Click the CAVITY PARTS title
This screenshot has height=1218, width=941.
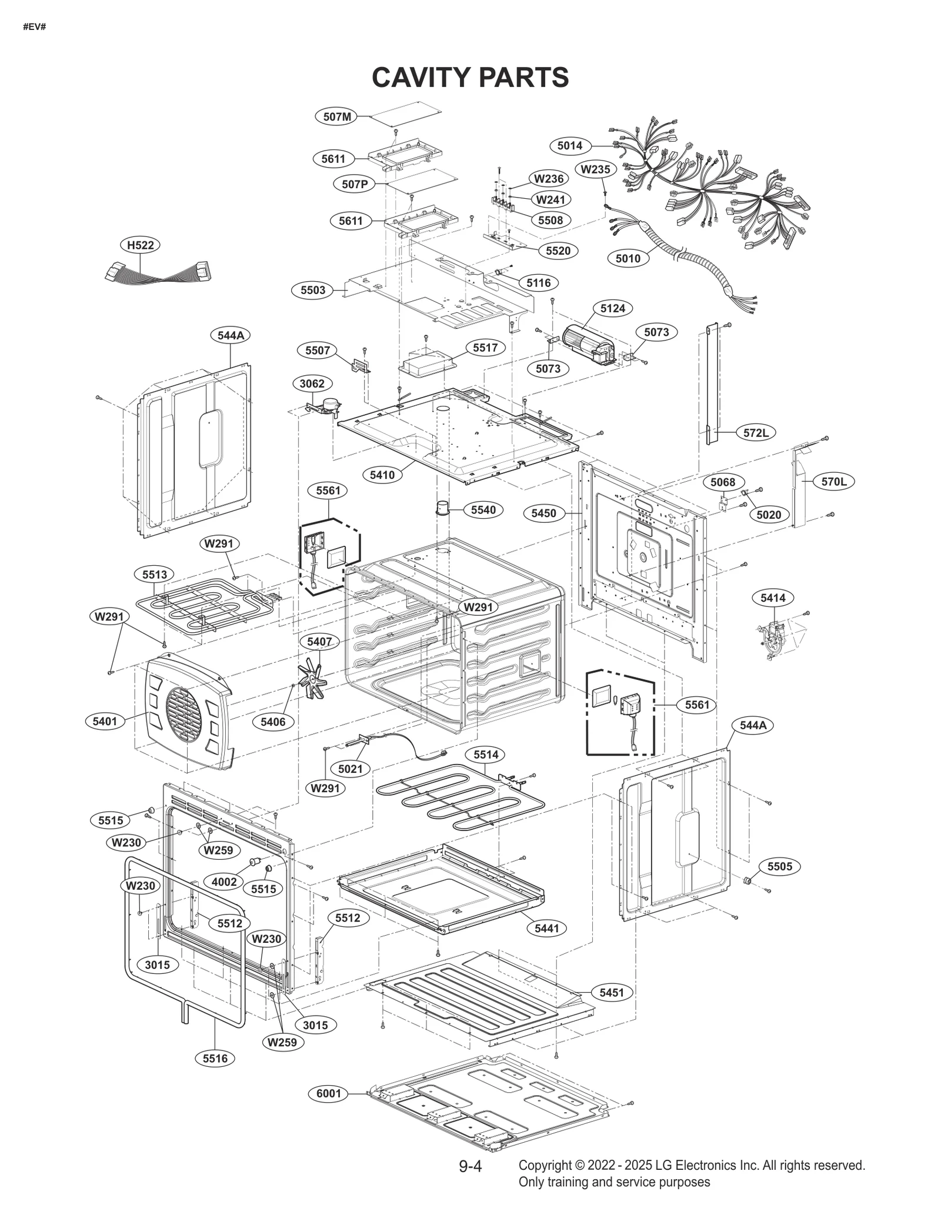470,77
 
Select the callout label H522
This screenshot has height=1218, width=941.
140,245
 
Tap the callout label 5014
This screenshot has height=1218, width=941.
569,145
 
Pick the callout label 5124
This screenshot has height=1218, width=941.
612,308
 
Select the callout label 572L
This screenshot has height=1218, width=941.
756,433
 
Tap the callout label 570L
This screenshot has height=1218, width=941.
833,482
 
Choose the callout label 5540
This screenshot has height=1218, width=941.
483,510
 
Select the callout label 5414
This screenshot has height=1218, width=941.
772,598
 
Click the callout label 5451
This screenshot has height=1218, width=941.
611,992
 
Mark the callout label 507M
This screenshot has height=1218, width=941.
337,116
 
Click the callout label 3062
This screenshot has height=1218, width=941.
312,384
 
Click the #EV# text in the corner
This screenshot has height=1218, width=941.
35,27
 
